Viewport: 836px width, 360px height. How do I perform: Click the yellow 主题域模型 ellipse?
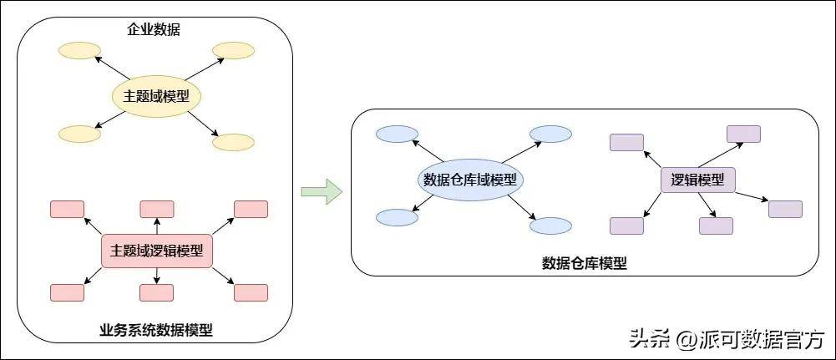tap(157, 96)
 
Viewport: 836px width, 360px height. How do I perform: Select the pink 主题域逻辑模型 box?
tap(157, 251)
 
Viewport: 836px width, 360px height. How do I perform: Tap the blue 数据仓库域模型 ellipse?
tap(469, 179)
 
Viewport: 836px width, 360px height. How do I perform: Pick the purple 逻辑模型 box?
tap(697, 179)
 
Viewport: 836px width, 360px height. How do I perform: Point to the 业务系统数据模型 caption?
tap(156, 330)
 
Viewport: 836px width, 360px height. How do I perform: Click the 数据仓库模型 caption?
tap(585, 263)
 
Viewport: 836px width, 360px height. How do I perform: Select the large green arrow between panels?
tap(322, 190)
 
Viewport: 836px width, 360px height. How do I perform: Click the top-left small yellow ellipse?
tap(79, 51)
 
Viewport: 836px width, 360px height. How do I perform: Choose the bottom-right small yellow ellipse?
tap(233, 142)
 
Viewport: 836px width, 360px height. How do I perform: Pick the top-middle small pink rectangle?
tap(156, 209)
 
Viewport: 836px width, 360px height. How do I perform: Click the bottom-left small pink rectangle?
tap(67, 292)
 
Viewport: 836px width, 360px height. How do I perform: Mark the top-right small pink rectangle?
tap(251, 209)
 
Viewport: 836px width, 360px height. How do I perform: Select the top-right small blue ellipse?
tap(550, 134)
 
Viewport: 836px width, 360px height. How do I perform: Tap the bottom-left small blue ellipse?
tap(397, 217)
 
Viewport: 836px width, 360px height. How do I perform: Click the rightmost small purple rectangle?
tap(785, 209)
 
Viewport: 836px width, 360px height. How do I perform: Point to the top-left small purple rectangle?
tap(626, 142)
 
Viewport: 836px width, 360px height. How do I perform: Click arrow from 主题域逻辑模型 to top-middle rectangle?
tap(156, 226)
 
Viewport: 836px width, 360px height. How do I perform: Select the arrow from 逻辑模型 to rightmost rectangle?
tap(752, 196)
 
